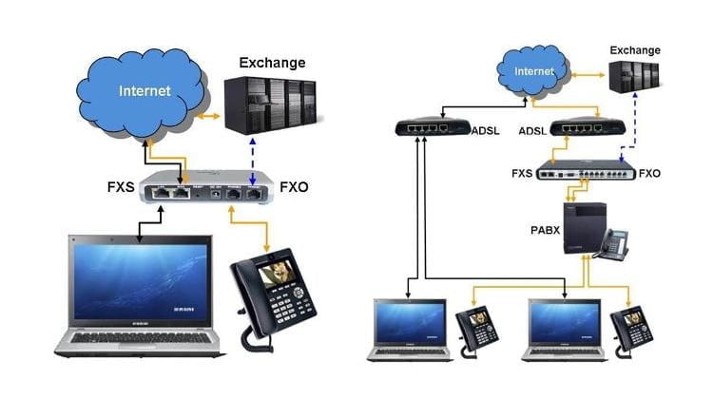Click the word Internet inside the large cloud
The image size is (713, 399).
pyautogui.click(x=145, y=92)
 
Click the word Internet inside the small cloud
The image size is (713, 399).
pyautogui.click(x=533, y=71)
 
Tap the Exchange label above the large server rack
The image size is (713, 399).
pyautogui.click(x=271, y=64)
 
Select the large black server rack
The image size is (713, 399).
pyautogui.click(x=270, y=105)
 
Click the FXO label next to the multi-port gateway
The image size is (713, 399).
pyautogui.click(x=649, y=173)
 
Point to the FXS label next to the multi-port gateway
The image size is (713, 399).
pyautogui.click(x=521, y=173)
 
